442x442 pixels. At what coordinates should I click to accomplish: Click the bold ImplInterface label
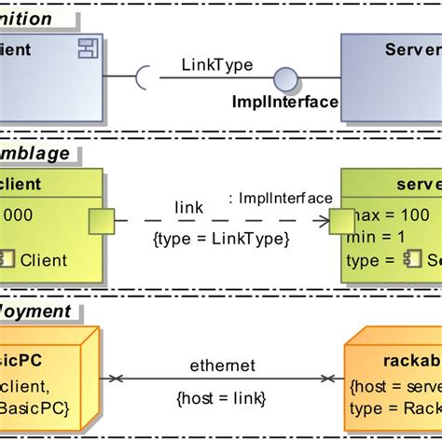[x=284, y=102]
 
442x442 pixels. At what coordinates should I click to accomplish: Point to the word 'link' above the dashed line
[x=188, y=208]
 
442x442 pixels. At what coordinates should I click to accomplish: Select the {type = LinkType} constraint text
[x=221, y=239]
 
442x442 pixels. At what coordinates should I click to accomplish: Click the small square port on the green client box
[x=101, y=222]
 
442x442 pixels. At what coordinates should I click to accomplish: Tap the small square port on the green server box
[x=341, y=222]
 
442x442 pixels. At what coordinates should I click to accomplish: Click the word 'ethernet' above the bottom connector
[x=221, y=366]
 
